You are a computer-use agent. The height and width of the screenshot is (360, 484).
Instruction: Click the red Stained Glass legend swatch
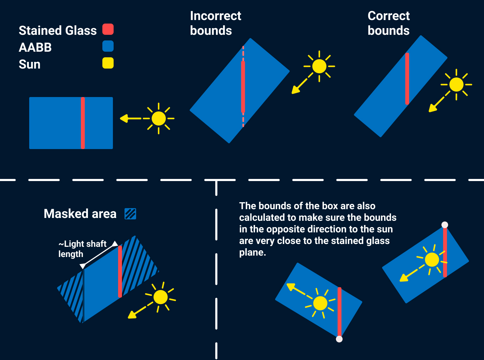[x=108, y=29]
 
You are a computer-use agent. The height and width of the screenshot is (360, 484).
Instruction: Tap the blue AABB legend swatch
[x=108, y=46]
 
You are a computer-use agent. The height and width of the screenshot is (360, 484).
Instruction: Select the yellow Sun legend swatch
[x=108, y=63]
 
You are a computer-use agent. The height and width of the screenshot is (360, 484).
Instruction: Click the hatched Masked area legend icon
[x=130, y=214]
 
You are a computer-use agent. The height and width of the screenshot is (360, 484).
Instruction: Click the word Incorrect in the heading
[x=215, y=16]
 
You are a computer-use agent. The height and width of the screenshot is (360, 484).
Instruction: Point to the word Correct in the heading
[x=388, y=16]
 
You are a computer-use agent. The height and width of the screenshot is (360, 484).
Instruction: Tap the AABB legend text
[x=35, y=47]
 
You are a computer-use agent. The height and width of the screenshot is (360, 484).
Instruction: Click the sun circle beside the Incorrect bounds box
[x=319, y=66]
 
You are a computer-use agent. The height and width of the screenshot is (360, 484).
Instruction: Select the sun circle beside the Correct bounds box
[x=457, y=85]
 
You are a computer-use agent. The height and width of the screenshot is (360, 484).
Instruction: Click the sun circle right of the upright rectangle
[x=159, y=118]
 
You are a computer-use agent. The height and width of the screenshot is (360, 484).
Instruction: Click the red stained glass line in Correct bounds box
[x=407, y=78]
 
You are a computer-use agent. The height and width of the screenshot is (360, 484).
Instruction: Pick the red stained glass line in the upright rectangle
[x=83, y=123]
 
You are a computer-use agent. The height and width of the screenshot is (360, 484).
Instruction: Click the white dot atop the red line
[x=445, y=225]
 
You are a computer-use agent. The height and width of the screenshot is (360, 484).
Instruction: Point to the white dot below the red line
[x=339, y=339]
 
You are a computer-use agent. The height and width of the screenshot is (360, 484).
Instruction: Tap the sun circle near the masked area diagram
[x=161, y=297]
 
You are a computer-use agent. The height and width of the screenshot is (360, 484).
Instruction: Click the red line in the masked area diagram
[x=120, y=271]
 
